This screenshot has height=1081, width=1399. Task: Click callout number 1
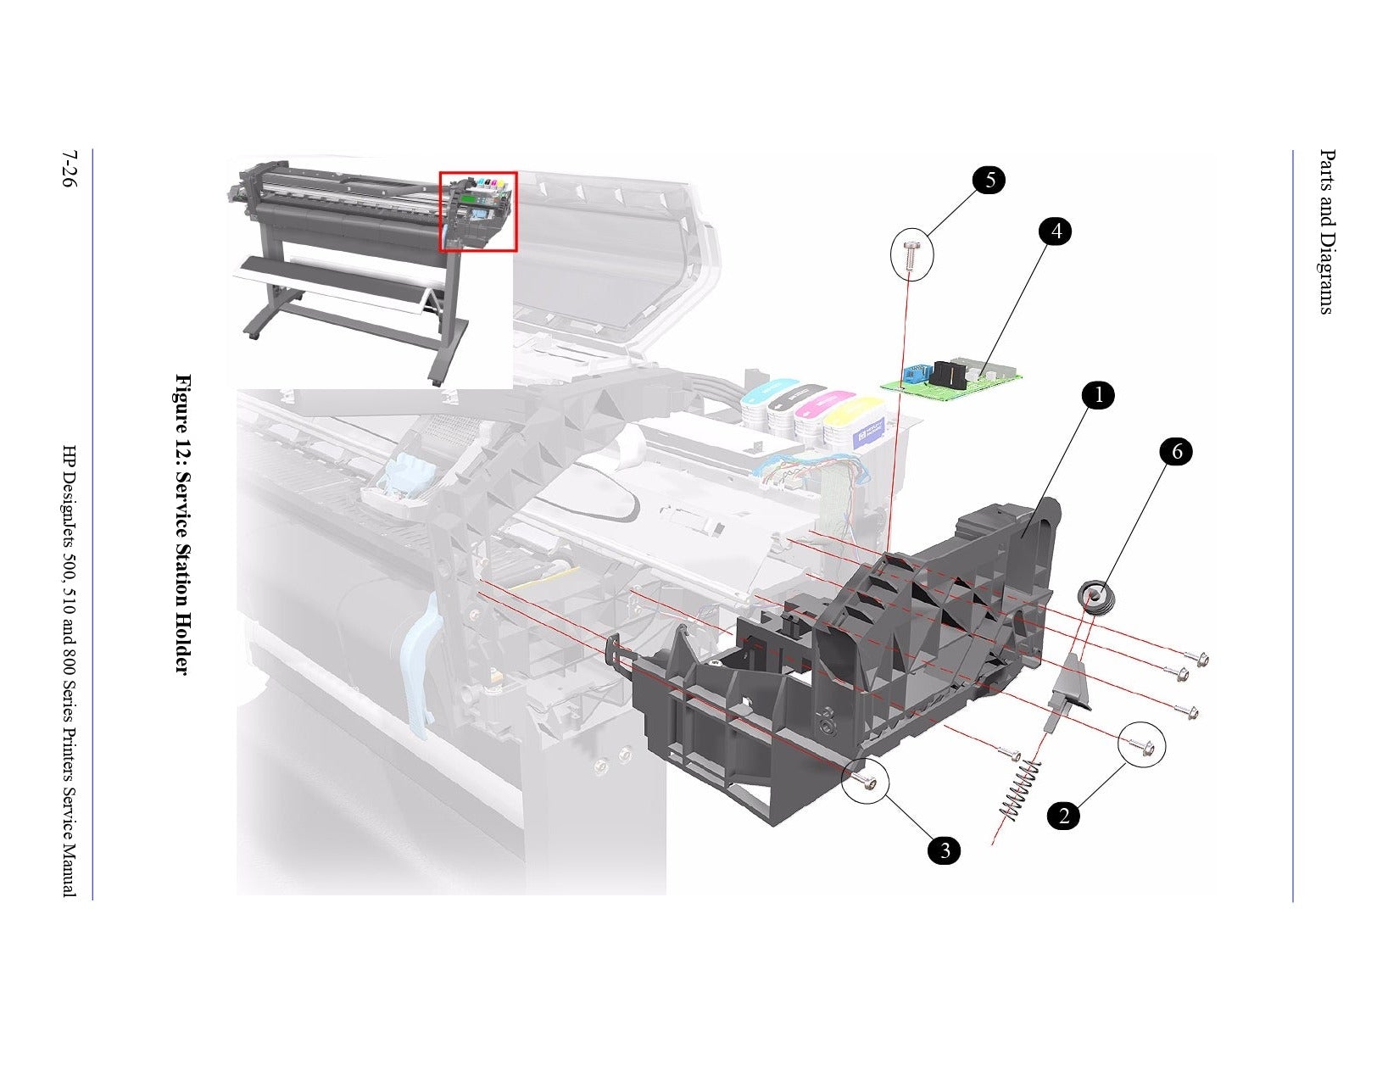[x=1098, y=395]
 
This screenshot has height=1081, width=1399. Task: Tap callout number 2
[x=1063, y=816]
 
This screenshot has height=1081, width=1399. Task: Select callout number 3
[x=944, y=850]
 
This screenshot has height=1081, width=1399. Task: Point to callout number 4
[x=1056, y=231]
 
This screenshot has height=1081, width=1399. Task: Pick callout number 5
[x=989, y=180]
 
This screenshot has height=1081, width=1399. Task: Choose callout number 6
[x=1176, y=452]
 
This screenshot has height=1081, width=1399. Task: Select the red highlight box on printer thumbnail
[x=478, y=211]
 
